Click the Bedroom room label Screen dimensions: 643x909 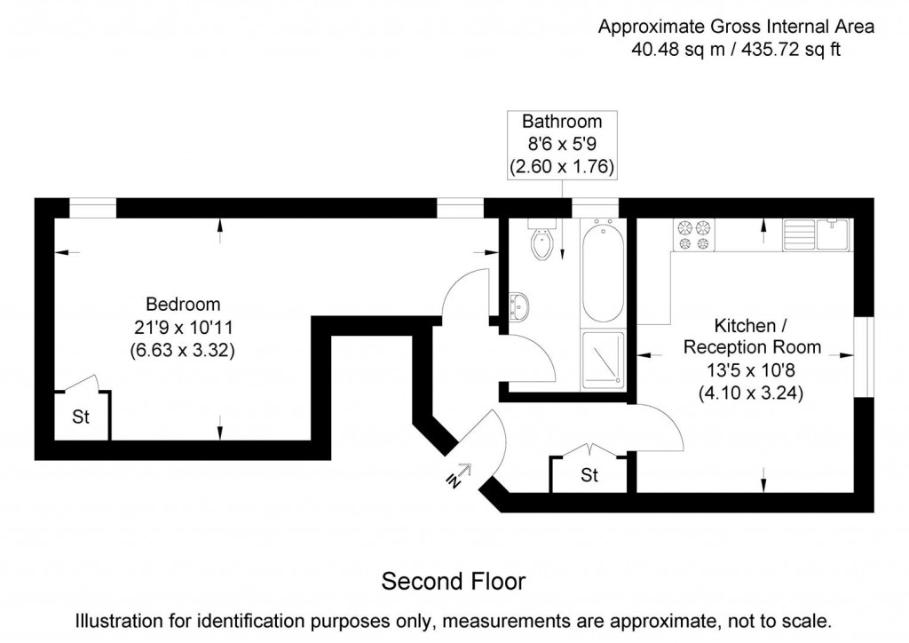183,304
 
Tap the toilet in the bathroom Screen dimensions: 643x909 541,241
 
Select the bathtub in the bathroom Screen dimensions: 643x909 603,272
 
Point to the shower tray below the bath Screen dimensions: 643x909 603,361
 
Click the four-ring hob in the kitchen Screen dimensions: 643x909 694,234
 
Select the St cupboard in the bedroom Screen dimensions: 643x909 81,417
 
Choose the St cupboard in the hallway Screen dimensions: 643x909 589,476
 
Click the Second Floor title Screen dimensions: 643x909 454,582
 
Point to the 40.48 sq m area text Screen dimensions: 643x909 675,50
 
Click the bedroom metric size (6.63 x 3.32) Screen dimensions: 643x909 183,350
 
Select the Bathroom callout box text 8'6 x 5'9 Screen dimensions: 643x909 561,144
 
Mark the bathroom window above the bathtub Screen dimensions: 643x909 595,208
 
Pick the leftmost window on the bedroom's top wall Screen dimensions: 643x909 92,208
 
